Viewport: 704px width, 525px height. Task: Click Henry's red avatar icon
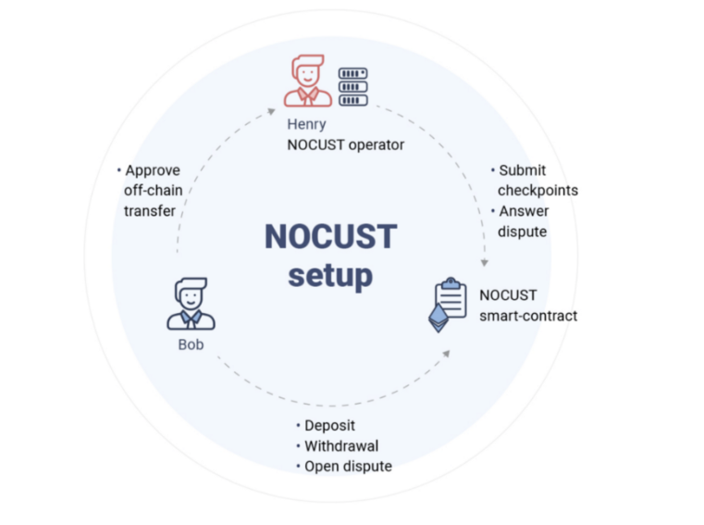(307, 81)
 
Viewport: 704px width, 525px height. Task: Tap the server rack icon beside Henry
(352, 87)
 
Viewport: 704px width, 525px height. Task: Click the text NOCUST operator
(346, 145)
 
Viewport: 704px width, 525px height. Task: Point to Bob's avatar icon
(191, 303)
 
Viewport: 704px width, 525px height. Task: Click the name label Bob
(191, 344)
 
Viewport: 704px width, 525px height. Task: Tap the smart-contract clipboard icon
(449, 304)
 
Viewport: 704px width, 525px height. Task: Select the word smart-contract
(528, 316)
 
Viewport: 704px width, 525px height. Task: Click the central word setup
(330, 275)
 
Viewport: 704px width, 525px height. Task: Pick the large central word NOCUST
(330, 236)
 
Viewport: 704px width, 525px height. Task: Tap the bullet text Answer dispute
(523, 221)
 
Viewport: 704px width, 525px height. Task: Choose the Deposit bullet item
(331, 426)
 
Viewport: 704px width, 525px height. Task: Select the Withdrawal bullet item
(340, 446)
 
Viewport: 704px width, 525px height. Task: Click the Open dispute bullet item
(348, 467)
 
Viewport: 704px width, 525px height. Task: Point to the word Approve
(153, 170)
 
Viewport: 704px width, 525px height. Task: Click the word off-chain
(154, 191)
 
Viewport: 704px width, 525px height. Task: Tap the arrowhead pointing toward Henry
(270, 110)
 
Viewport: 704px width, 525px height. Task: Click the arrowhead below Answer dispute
(484, 262)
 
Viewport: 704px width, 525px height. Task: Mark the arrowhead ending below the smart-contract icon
(448, 354)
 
